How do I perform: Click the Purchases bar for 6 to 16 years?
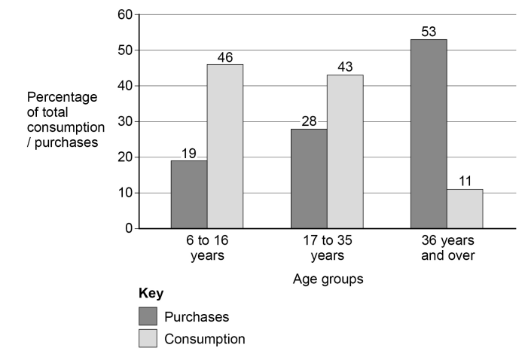click(189, 194)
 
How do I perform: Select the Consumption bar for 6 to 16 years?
click(225, 146)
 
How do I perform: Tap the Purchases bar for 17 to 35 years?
click(309, 178)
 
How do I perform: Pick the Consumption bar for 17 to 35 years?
click(345, 151)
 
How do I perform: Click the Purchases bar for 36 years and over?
click(429, 134)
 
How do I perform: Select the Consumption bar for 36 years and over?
click(465, 209)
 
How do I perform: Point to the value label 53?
click(429, 32)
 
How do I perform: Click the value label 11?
click(465, 182)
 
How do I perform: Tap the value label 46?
click(225, 56)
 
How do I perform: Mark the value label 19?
click(189, 153)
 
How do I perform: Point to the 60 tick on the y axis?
click(125, 14)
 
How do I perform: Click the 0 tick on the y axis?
click(129, 228)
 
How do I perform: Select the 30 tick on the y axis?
click(125, 121)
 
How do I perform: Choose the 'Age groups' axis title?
click(327, 279)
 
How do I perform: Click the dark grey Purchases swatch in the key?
click(148, 316)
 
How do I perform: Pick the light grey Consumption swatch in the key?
click(148, 339)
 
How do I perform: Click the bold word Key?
click(151, 293)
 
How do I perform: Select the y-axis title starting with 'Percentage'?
click(63, 121)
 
